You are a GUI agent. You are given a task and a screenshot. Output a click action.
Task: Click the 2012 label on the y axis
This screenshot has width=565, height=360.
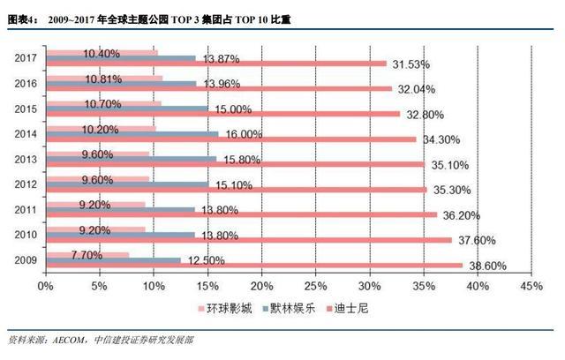(x=26, y=184)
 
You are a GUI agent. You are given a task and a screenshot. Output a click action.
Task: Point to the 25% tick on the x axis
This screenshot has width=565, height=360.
(x=316, y=286)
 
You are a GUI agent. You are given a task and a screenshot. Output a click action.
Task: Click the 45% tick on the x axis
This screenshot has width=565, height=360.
(x=532, y=286)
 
